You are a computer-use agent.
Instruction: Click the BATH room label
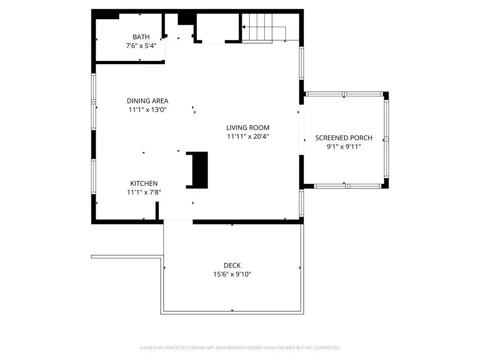[x=141, y=37]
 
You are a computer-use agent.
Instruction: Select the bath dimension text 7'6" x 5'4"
[x=141, y=45]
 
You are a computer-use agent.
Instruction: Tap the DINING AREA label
[x=148, y=101]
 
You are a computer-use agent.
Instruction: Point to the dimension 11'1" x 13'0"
[x=148, y=110]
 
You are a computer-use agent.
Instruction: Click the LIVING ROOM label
[x=248, y=127]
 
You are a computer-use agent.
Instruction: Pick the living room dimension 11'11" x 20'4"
[x=248, y=136]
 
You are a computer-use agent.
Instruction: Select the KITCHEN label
[x=144, y=183]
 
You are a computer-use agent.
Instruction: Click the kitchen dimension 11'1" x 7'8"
[x=144, y=192]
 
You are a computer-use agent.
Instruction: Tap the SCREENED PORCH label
[x=344, y=138]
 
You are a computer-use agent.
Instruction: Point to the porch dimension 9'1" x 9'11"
[x=344, y=147]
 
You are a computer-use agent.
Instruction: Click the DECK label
[x=232, y=265]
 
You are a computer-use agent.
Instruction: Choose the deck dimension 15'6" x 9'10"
[x=232, y=274]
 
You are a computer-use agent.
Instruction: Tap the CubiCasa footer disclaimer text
[x=240, y=348]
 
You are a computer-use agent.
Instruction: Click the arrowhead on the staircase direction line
[x=244, y=27]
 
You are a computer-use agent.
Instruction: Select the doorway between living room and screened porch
[x=301, y=130]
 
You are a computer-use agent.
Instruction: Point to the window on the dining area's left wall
[x=93, y=102]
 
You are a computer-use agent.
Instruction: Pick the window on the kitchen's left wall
[x=93, y=176]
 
